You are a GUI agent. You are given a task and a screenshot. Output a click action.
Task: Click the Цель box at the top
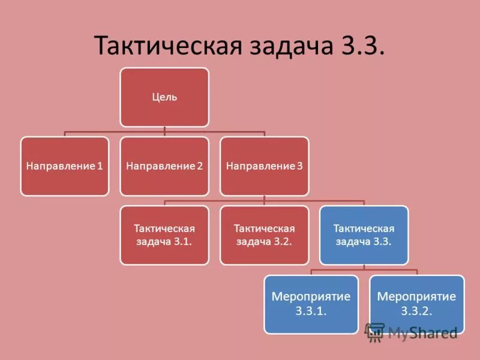(164, 97)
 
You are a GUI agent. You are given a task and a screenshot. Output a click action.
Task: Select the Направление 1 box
(65, 166)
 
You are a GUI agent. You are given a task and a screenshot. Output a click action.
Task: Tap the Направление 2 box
(164, 166)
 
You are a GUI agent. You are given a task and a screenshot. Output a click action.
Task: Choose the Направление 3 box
(264, 166)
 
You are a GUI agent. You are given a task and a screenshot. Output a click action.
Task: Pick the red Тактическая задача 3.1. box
(164, 235)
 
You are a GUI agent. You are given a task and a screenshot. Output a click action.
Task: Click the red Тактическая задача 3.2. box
(264, 235)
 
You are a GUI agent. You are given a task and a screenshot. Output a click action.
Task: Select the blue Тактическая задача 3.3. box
(364, 235)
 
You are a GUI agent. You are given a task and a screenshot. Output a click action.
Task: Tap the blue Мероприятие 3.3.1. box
(311, 304)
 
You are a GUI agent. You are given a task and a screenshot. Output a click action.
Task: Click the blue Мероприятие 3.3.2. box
(416, 304)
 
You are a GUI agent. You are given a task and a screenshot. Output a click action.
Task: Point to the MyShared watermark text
(423, 332)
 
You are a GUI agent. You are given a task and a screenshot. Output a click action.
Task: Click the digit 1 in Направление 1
(100, 166)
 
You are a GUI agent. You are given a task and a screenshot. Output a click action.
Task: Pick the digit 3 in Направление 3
(299, 166)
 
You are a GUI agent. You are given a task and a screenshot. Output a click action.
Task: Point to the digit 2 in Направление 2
(200, 166)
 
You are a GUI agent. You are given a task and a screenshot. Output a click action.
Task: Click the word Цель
(164, 97)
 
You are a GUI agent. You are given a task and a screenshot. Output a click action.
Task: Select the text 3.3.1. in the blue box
(311, 311)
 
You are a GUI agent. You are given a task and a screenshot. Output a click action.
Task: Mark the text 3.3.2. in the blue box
(416, 311)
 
